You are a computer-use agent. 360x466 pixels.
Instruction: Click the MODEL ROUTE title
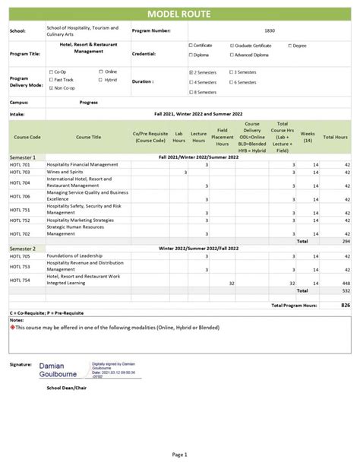pyautogui.click(x=180, y=14)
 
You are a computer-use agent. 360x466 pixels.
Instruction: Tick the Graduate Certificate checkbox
pyautogui.click(x=232, y=46)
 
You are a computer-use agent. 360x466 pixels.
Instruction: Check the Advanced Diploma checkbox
pyautogui.click(x=232, y=55)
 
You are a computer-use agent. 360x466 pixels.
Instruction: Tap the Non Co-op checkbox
pyautogui.click(x=51, y=88)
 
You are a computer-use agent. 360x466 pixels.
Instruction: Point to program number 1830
pyautogui.click(x=269, y=30)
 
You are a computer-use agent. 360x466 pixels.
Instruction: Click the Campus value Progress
pyautogui.click(x=88, y=102)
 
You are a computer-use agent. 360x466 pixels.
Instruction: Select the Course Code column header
pyautogui.click(x=27, y=137)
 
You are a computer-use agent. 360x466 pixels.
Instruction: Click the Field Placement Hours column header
pyautogui.click(x=223, y=137)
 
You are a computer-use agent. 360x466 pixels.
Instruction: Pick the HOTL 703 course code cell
pyautogui.click(x=21, y=173)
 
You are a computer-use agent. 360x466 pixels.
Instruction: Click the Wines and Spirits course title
pyautogui.click(x=65, y=173)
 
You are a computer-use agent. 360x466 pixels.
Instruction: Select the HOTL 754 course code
pyautogui.click(x=21, y=281)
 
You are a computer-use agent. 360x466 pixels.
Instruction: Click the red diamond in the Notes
pyautogui.click(x=12, y=328)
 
